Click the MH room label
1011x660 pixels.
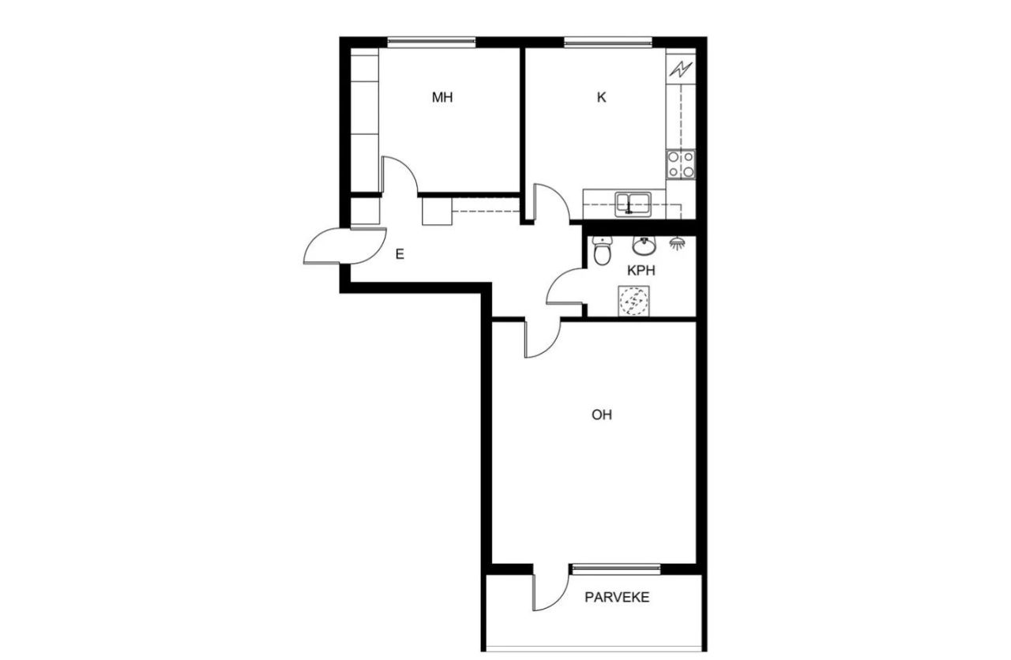442,98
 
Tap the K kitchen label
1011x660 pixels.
601,98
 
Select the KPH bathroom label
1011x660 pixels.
641,270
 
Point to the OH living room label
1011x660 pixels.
602,414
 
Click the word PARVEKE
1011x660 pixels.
617,598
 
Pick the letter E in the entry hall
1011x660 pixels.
400,254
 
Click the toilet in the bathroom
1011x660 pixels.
603,253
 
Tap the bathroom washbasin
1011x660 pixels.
645,246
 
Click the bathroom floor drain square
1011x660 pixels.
632,301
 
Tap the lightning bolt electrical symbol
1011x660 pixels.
680,69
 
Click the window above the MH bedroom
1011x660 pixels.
431,40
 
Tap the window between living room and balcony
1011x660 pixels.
615,568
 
